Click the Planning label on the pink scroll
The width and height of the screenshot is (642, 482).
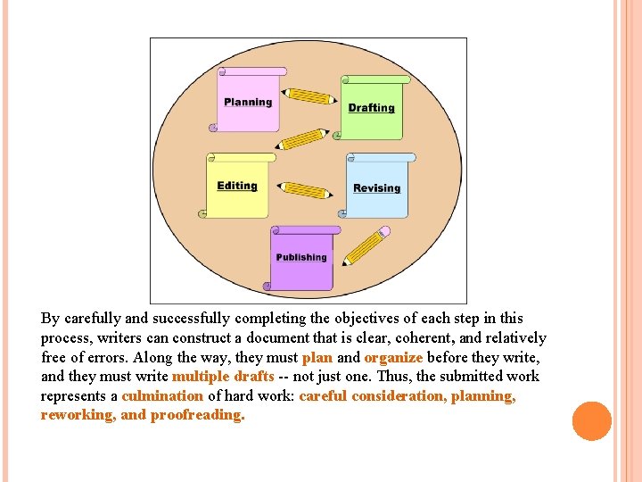tap(248, 102)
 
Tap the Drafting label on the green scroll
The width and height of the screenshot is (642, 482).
tap(371, 108)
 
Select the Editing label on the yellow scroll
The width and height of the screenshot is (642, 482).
tap(236, 186)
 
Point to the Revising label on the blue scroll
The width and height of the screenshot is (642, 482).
tap(376, 188)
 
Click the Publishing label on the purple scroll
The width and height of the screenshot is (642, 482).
tap(301, 257)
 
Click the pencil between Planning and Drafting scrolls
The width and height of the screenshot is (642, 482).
tap(310, 96)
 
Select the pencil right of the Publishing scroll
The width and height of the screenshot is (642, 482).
tap(366, 246)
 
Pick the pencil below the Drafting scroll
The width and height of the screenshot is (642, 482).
tap(302, 139)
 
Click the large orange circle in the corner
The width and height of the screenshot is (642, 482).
tap(592, 421)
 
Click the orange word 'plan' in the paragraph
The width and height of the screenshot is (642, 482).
tap(317, 357)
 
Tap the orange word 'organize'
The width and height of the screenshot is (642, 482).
tap(393, 357)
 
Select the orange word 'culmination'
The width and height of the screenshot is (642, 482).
tap(162, 395)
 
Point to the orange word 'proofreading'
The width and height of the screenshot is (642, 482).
tap(196, 415)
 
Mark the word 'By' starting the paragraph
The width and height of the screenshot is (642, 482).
tap(50, 318)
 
